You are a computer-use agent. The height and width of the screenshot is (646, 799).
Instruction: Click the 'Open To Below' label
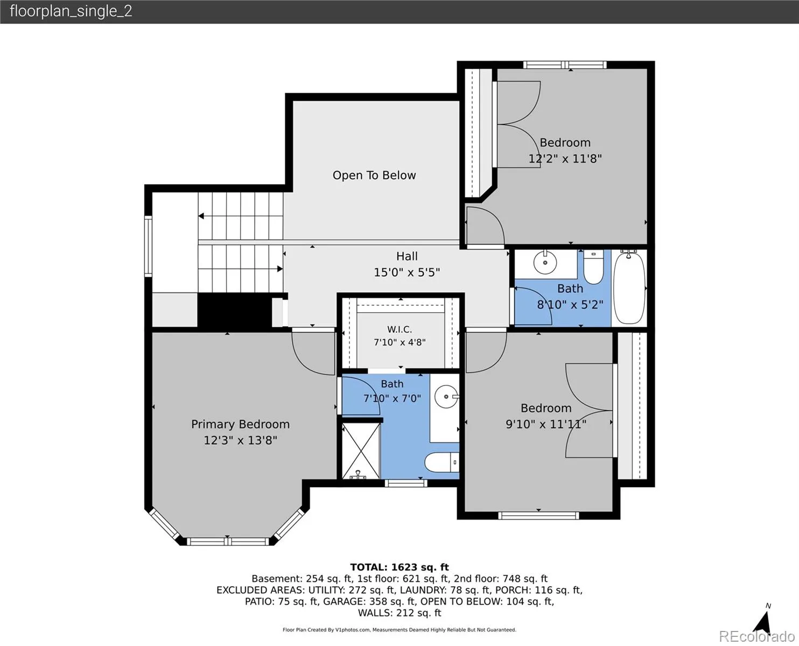tap(374, 175)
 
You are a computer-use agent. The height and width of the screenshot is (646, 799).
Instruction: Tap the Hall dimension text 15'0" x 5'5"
tap(406, 272)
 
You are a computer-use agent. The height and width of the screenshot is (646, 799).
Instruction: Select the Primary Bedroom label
tap(241, 424)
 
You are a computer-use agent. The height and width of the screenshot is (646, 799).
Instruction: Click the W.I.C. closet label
tap(399, 329)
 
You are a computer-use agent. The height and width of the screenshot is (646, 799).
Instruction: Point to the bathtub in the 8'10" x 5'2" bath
tap(629, 288)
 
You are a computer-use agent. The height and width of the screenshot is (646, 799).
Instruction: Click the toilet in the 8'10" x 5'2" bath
tap(593, 268)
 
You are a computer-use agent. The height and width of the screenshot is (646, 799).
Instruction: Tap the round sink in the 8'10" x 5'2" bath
tap(545, 263)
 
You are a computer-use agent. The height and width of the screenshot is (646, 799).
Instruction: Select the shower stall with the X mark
tap(361, 450)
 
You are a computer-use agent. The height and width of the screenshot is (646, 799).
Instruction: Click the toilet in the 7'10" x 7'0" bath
tap(442, 462)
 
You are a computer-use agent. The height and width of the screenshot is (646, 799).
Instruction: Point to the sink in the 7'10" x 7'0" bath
tap(446, 397)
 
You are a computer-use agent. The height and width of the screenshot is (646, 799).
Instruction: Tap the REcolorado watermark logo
tap(757, 636)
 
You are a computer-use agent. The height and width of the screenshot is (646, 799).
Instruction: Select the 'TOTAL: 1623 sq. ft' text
tap(399, 567)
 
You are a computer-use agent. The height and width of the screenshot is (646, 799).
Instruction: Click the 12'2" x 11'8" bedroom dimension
tap(565, 159)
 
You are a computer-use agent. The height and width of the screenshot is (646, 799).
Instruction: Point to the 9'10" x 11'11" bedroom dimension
tap(546, 424)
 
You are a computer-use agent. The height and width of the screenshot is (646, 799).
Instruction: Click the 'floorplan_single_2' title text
tap(71, 11)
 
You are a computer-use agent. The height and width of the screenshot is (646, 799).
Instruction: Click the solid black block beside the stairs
tap(235, 311)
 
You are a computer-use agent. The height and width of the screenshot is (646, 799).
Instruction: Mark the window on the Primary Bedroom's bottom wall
tap(228, 542)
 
